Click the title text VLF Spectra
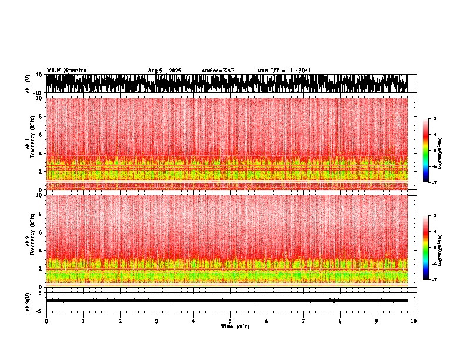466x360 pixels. click(66, 70)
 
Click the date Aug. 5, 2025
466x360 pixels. click(164, 71)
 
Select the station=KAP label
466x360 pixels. click(218, 71)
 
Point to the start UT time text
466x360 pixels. click(284, 71)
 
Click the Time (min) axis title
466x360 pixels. click(235, 326)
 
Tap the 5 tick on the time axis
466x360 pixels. click(230, 321)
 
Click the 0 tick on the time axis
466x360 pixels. click(46, 321)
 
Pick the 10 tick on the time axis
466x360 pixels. click(414, 321)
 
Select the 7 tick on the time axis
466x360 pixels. click(304, 321)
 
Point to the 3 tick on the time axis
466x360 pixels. click(157, 321)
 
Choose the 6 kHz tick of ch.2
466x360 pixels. click(41, 232)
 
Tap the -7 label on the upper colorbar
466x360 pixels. click(434, 182)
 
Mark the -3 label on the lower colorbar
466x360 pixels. click(434, 216)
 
